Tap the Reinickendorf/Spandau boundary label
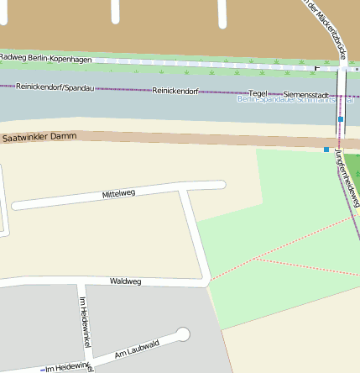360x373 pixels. [x=54, y=87]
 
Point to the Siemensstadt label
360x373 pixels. [x=306, y=93]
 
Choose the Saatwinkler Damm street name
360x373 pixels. [x=39, y=136]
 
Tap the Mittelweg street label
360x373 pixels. [x=118, y=194]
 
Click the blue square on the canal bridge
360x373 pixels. [x=341, y=120]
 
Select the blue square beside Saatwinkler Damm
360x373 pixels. [x=326, y=150]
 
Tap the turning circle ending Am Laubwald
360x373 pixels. [x=183, y=334]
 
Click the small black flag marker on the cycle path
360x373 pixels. [x=316, y=67]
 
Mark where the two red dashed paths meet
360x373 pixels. [x=258, y=260]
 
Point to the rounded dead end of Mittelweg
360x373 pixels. [x=222, y=186]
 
